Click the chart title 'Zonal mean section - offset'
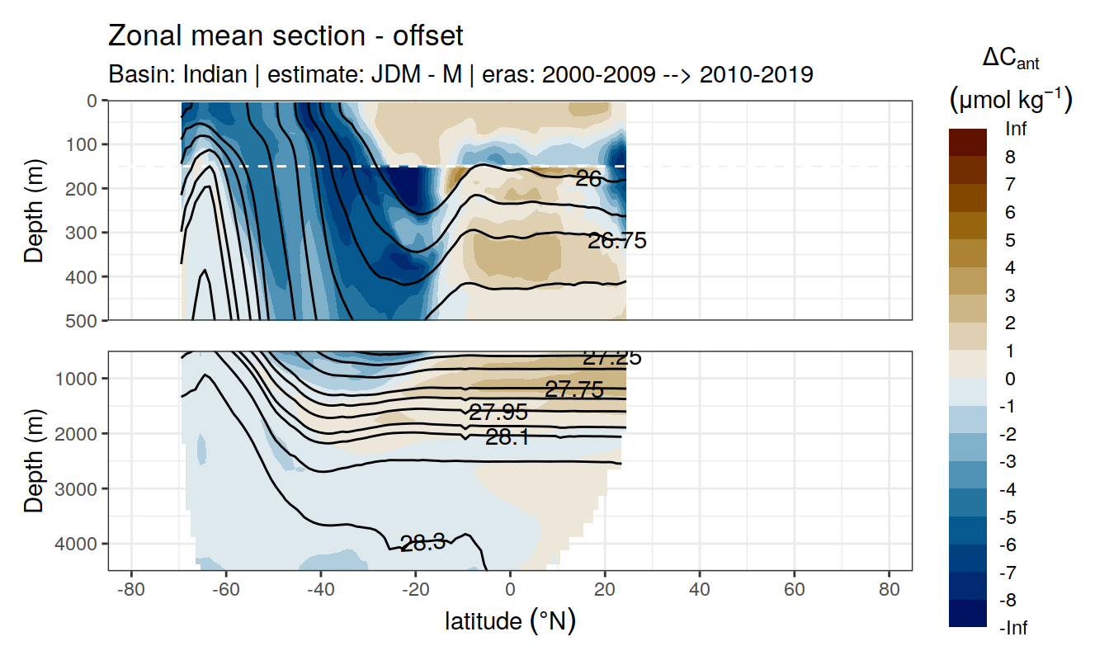[x=286, y=36]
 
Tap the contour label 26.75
[x=616, y=241]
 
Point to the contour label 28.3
[x=422, y=542]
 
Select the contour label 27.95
[x=498, y=413]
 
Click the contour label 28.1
[x=507, y=437]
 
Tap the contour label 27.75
[x=574, y=389]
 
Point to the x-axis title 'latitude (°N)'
[x=510, y=620]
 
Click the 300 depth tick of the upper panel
[x=85, y=232]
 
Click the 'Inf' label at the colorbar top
[x=1016, y=130]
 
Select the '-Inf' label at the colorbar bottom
[x=1014, y=629]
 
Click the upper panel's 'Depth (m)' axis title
[x=34, y=210]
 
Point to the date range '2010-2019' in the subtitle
[x=756, y=74]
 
